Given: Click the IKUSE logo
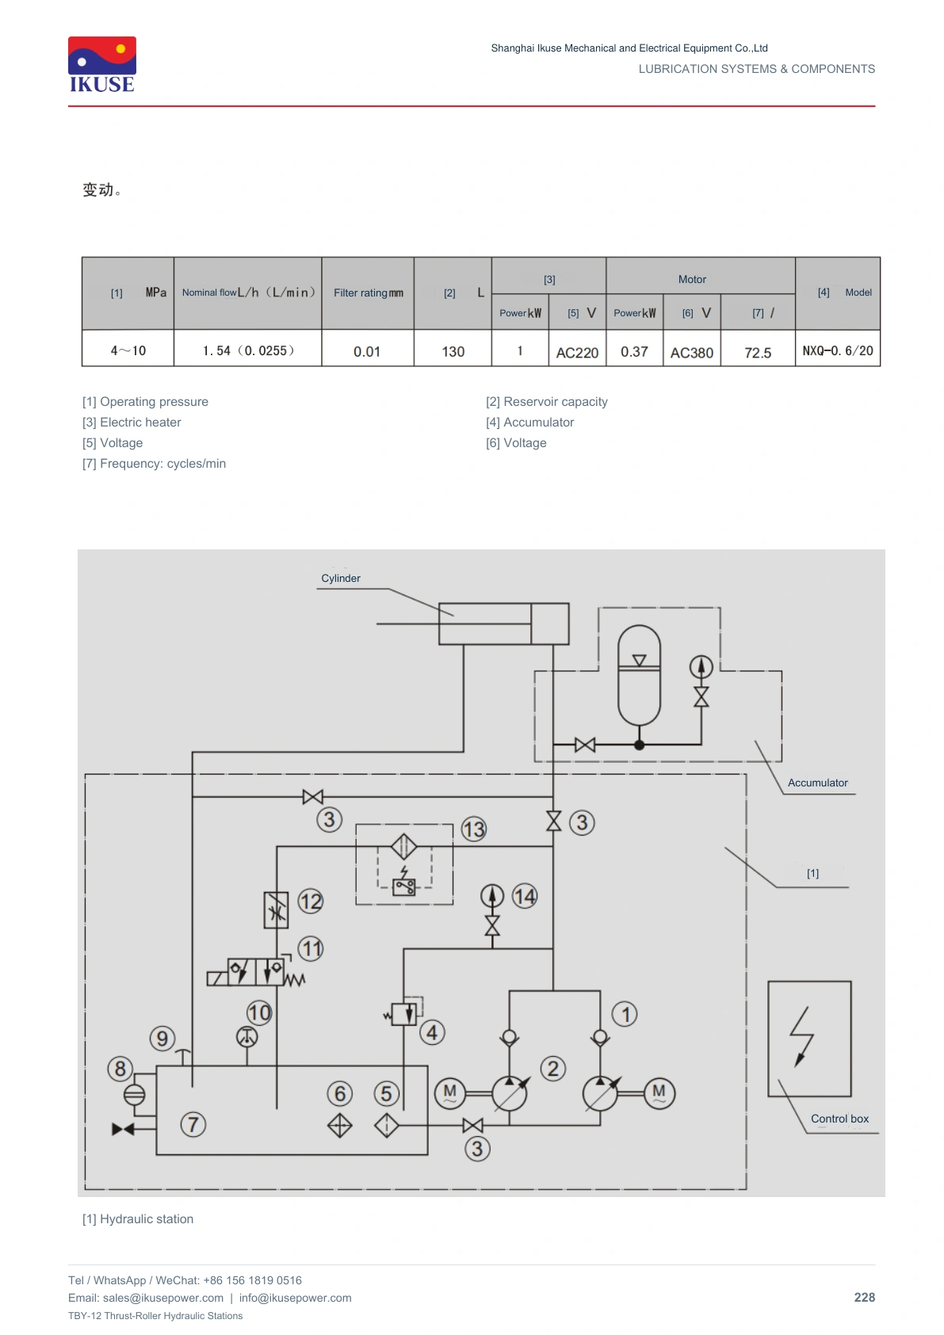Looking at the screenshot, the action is coord(102,65).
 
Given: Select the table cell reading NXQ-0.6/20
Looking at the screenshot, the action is coord(837,350).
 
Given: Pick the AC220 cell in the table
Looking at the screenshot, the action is coord(577,352).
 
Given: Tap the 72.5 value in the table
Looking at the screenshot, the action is coord(758,352).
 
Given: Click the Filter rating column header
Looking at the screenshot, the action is coord(368,293).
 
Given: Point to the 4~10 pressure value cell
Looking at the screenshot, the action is coord(128,350).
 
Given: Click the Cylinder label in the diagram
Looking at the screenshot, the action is coord(340,578).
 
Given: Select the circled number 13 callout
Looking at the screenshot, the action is coord(474,829).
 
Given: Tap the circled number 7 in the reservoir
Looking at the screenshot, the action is coord(193,1124).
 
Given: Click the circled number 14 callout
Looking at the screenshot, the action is coord(525,897).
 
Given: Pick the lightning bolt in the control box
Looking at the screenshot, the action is coord(801,1036).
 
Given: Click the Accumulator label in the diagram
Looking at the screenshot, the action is coord(818,782).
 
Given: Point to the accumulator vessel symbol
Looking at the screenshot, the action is coord(639,675).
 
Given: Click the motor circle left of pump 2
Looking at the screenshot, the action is coord(450,1093).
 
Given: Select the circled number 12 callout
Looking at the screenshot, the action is coord(311,901).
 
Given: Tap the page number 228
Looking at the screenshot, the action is coord(864,1297).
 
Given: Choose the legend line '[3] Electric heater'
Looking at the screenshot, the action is coord(132,422).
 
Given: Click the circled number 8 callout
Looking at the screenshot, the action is coord(120,1069).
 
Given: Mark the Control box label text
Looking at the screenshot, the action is coord(839,1119).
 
